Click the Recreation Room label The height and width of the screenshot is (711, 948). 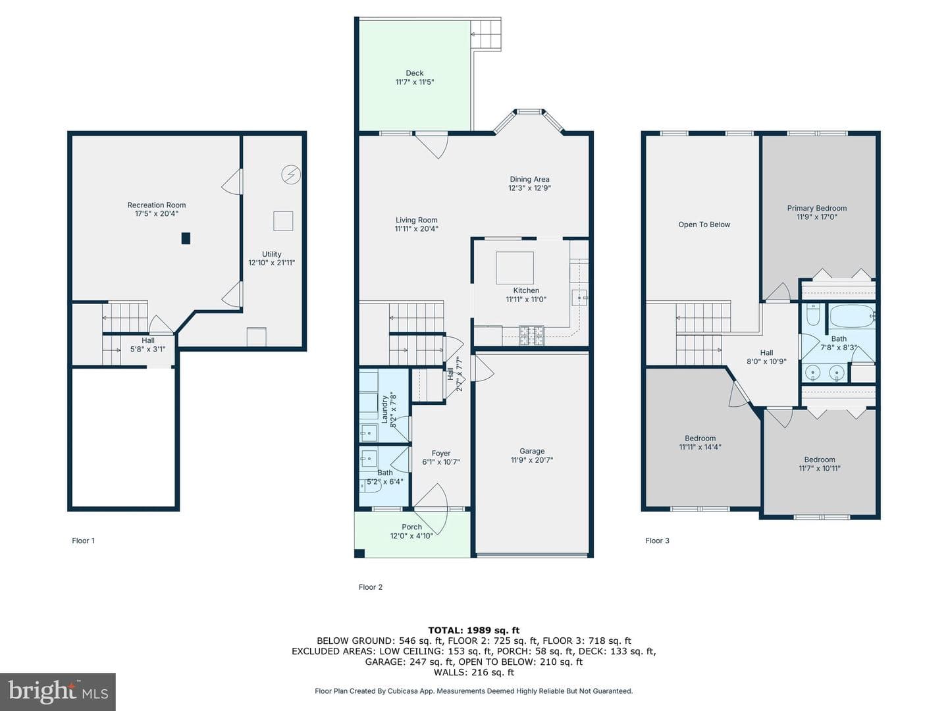156,205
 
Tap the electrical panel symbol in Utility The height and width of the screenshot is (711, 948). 291,175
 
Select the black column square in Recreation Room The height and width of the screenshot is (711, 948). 186,238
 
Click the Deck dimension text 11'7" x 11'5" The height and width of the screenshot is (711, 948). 415,82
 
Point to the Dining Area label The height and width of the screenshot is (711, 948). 529,179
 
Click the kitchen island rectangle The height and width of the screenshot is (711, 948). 514,268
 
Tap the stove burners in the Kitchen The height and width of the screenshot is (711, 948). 531,336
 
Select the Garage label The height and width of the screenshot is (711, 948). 532,451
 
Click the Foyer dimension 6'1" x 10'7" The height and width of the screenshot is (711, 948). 441,462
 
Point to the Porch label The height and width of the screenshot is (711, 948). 411,527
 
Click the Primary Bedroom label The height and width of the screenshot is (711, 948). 817,208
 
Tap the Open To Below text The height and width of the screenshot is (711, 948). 704,224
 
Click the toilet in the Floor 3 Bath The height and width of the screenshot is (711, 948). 813,315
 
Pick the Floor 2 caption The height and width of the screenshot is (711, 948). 371,587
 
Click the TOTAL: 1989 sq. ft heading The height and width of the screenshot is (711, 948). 474,630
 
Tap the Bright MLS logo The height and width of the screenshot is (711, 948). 58,692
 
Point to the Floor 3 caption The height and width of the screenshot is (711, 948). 657,540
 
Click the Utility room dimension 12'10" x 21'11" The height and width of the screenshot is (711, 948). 272,263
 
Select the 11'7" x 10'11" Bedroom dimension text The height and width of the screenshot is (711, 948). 820,468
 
